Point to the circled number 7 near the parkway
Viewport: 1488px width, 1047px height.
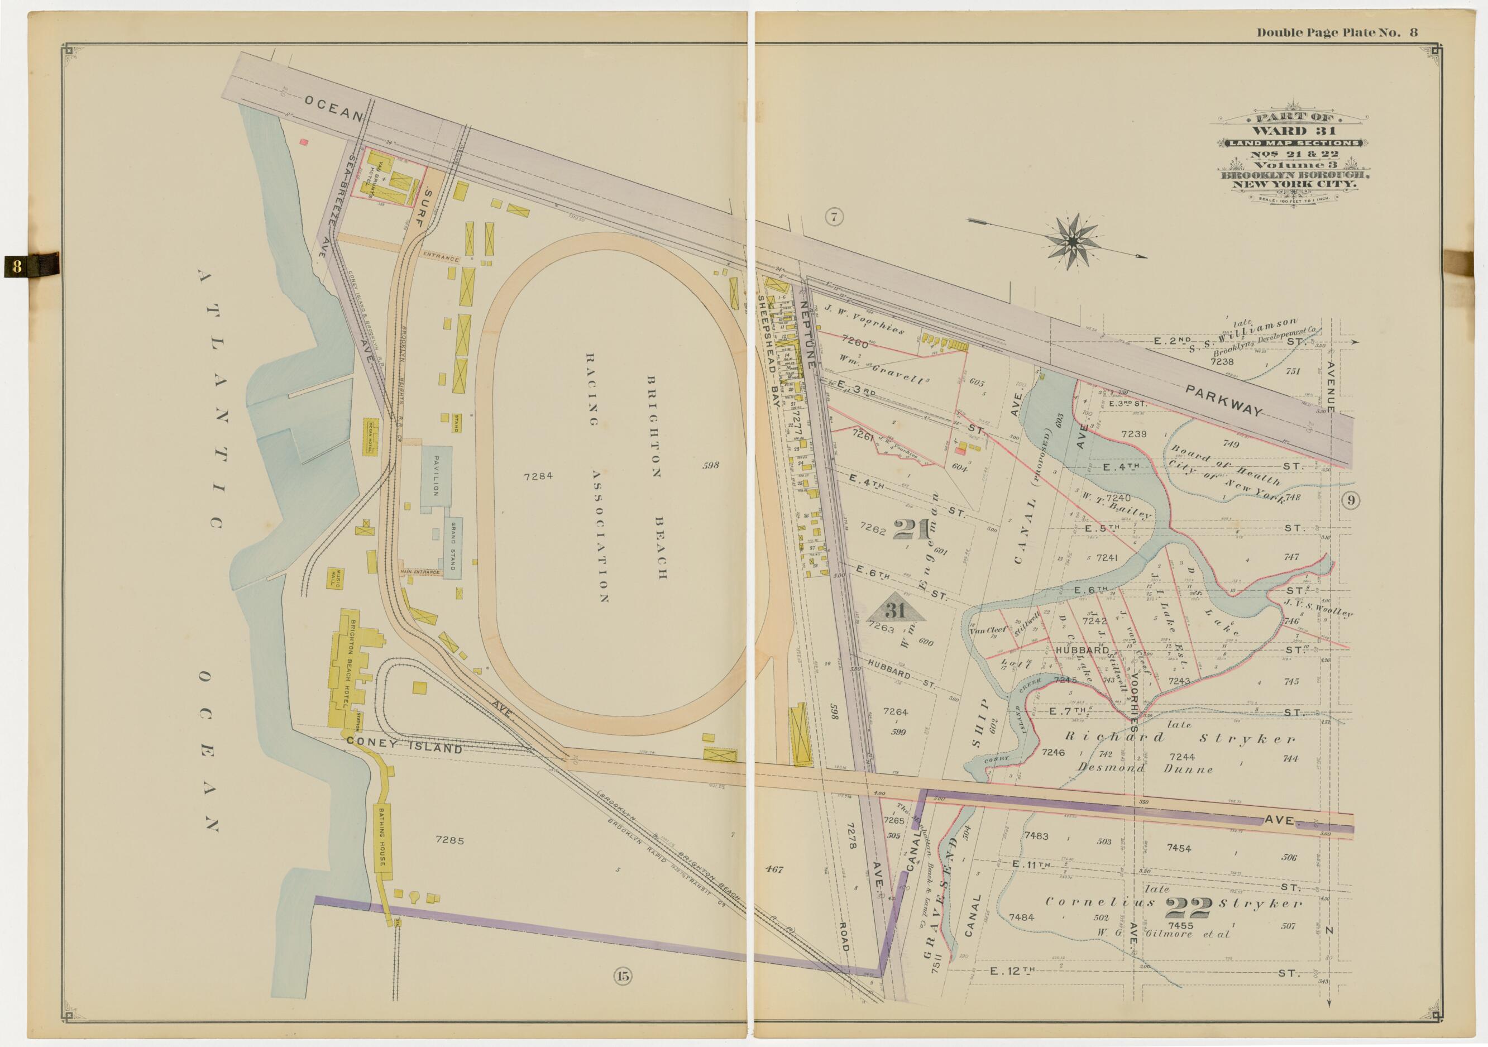(834, 218)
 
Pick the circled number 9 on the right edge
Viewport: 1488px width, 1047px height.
(1350, 500)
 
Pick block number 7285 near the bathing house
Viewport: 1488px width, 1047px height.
(450, 839)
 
